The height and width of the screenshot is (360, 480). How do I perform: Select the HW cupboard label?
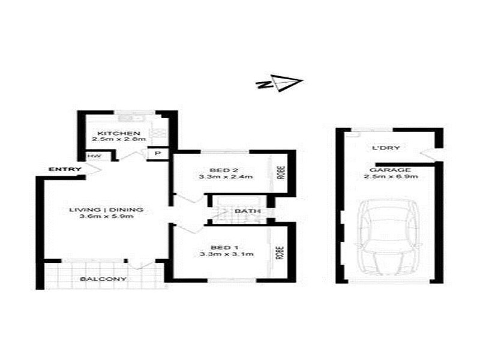(x=93, y=156)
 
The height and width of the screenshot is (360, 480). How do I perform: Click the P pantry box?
(x=158, y=154)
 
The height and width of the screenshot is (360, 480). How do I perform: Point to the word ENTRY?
(x=65, y=170)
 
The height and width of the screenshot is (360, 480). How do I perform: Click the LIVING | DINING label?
(x=106, y=209)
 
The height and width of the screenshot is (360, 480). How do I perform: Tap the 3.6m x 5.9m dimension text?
(x=106, y=217)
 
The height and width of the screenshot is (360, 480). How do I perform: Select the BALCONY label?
(x=103, y=279)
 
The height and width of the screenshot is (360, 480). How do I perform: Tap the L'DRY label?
(x=386, y=148)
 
